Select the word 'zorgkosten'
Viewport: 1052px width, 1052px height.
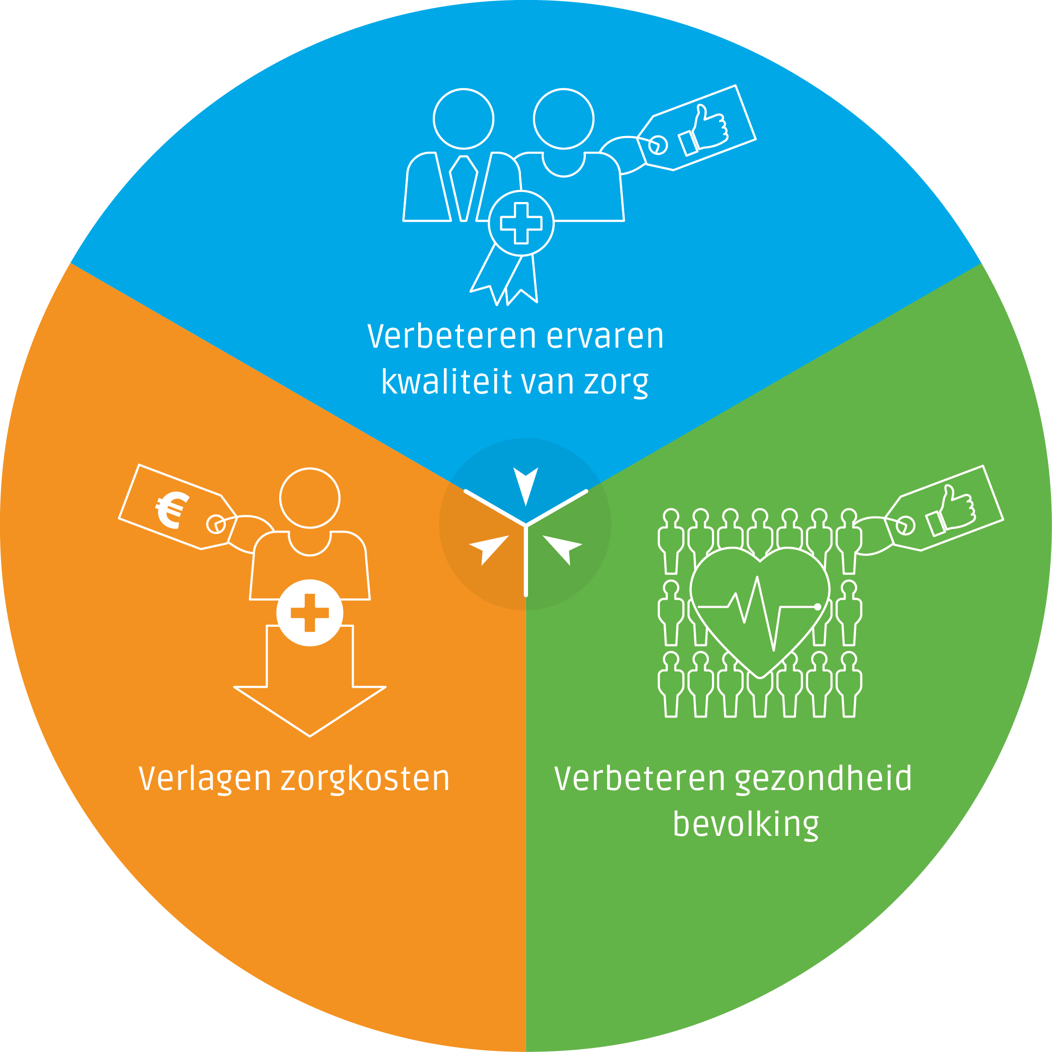365,779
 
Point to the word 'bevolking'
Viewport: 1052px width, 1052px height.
746,824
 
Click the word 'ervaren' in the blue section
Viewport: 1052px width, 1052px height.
605,337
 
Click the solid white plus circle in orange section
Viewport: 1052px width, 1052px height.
310,613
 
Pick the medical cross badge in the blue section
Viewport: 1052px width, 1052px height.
521,223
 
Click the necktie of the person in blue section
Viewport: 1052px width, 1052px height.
464,188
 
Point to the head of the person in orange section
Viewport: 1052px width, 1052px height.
310,498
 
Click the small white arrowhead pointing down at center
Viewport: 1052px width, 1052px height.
526,484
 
